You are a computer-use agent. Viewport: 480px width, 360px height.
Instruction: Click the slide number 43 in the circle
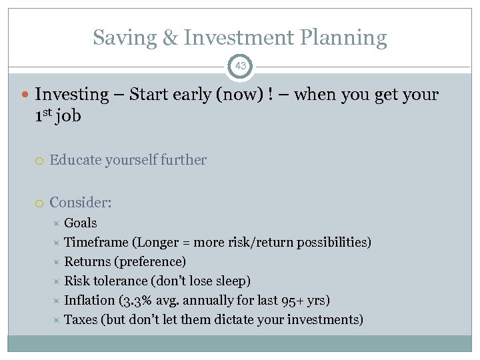[240, 66]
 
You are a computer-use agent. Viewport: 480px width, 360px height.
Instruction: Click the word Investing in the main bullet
[71, 95]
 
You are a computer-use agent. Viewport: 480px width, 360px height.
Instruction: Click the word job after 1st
[68, 116]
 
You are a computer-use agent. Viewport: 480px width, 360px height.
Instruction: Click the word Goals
[80, 223]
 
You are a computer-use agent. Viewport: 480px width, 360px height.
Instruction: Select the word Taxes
[80, 320]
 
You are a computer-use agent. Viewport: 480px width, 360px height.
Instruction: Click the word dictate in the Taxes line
[235, 320]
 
